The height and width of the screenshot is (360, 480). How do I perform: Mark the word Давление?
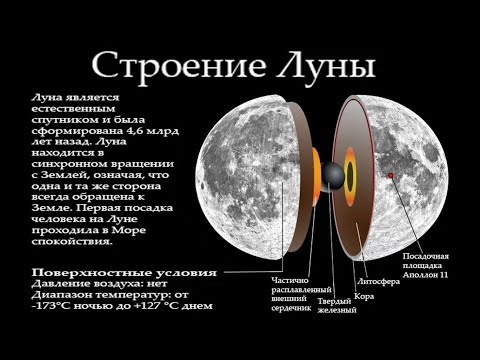tap(60, 284)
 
